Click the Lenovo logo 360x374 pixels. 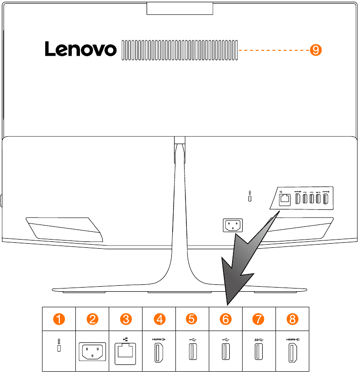pos(80,49)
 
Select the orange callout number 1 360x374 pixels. pos(59,319)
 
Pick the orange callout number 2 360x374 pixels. pos(93,319)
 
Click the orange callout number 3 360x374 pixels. pos(126,319)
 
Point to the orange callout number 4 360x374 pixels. pos(159,319)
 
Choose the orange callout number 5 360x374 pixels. pos(192,319)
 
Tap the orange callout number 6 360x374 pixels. pos(226,319)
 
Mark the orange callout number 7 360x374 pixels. pos(259,319)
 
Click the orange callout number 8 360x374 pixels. pos(292,319)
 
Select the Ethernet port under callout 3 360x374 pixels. pos(126,353)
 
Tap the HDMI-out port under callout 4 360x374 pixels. pos(159,353)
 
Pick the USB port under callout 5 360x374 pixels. pos(192,353)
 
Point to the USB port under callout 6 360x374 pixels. pos(226,353)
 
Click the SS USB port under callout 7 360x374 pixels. pos(259,353)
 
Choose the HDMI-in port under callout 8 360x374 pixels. pos(292,353)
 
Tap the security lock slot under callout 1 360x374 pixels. pos(59,349)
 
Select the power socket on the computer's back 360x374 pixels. pos(233,225)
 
